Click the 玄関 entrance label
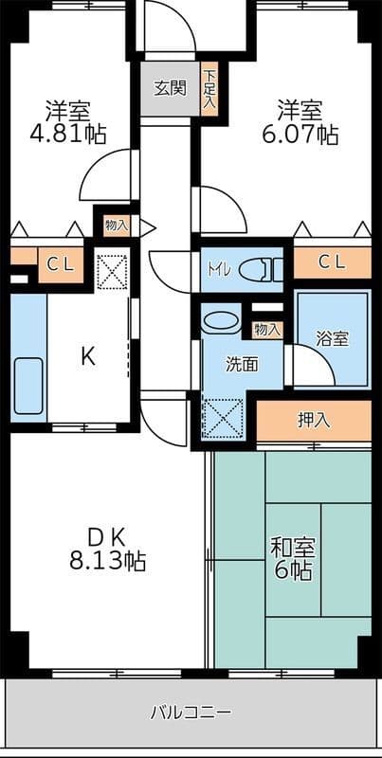click(170, 89)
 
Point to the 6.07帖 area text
click(300, 134)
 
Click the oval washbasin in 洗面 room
click(222, 322)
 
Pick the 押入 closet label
click(314, 420)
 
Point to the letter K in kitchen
click(87, 356)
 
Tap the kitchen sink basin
click(27, 386)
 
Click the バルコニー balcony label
click(191, 711)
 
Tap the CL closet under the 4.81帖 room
click(59, 264)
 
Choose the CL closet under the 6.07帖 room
click(331, 262)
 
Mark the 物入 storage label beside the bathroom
click(266, 330)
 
